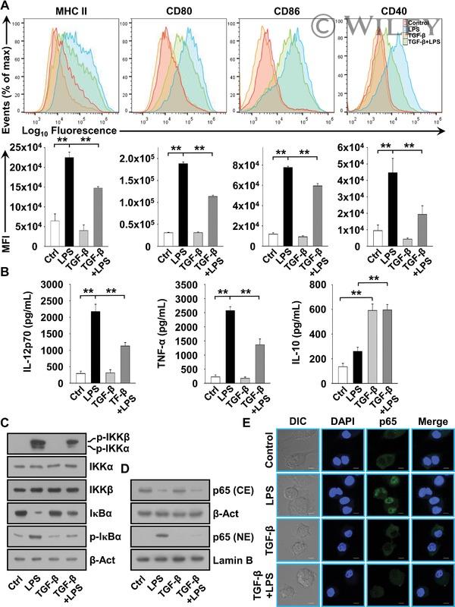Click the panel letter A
click(x=7, y=6)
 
